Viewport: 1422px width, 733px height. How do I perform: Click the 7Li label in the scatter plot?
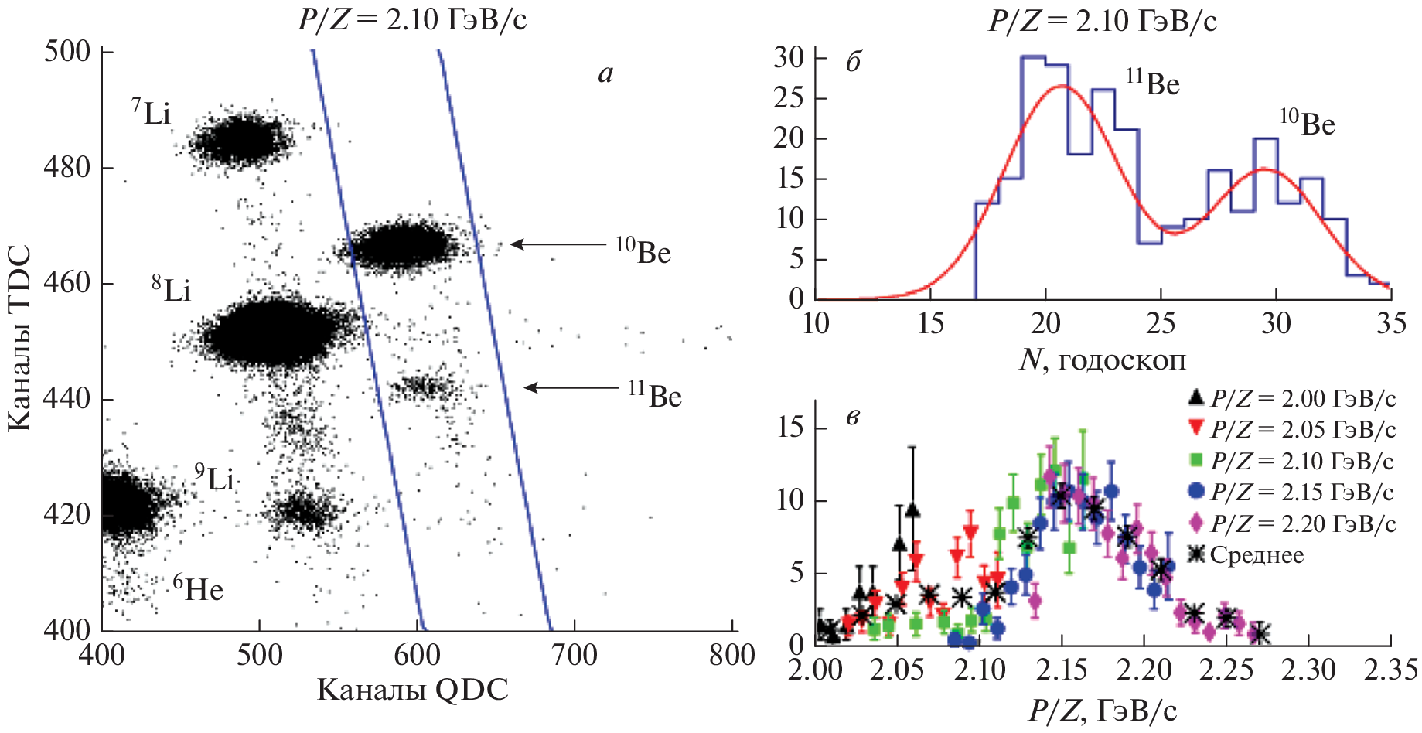point(151,113)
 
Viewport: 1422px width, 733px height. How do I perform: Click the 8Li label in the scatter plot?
point(171,289)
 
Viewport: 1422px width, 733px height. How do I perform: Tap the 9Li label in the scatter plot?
point(214,478)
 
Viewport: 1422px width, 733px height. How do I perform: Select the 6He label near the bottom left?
point(198,589)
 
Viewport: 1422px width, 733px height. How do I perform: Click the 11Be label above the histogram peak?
point(1153,83)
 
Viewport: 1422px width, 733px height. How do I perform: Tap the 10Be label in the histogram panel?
point(1308,123)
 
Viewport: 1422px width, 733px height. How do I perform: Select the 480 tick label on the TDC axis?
point(67,167)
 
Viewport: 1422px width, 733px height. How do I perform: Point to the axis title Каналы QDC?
point(413,690)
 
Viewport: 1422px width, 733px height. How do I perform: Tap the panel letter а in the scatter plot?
point(605,73)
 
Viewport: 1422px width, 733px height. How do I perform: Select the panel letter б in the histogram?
point(854,62)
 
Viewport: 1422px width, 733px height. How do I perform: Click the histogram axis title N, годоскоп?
point(1103,360)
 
